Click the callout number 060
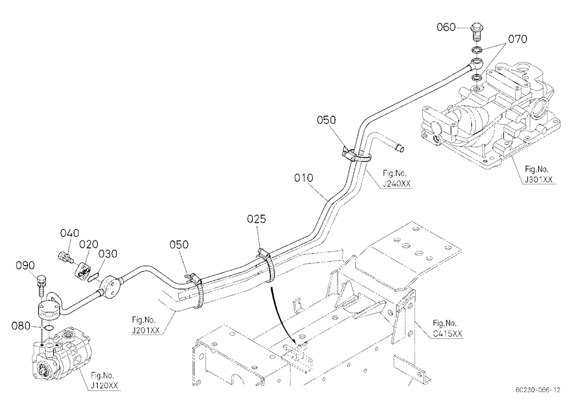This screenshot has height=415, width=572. click(446, 27)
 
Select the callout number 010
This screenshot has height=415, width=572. click(304, 178)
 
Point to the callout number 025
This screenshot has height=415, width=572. click(256, 219)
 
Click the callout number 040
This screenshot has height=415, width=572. click(70, 233)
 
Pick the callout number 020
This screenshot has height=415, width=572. click(89, 244)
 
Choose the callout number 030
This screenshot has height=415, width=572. click(108, 254)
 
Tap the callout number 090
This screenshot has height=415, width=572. click(25, 265)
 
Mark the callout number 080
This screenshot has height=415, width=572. click(21, 326)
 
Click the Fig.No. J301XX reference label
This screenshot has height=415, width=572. click(538, 174)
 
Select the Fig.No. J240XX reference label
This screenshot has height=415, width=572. click(396, 178)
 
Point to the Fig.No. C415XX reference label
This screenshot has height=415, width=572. click(447, 328)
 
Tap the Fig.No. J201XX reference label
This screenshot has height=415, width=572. click(145, 325)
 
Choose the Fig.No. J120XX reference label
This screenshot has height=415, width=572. click(104, 380)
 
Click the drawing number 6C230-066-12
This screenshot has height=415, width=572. click(538, 390)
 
